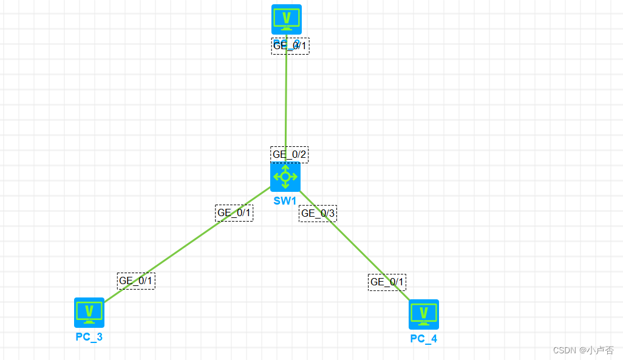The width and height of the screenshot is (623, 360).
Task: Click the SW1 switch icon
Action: [x=285, y=177]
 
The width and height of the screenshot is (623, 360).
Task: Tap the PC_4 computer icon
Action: [x=424, y=314]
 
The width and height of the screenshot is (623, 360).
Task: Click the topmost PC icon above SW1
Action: [x=287, y=19]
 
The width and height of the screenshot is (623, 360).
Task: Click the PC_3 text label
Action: [x=89, y=336]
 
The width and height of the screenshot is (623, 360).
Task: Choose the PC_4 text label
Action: [x=424, y=338]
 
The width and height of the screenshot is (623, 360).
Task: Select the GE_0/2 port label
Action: [x=290, y=155]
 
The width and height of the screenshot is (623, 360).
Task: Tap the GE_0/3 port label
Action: [x=318, y=213]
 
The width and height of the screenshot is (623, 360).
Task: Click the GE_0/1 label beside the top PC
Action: [x=290, y=46]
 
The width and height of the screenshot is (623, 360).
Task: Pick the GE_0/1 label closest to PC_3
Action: [x=136, y=280]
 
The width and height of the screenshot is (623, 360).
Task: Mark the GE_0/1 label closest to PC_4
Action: [x=387, y=282]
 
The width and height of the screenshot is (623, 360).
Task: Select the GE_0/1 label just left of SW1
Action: [x=234, y=212]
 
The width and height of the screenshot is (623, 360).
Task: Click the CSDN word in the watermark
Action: [x=564, y=350]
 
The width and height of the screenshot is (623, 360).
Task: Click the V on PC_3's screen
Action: [x=89, y=310]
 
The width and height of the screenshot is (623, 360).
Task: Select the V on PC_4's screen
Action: [x=424, y=312]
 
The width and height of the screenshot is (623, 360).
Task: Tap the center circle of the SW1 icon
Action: [x=285, y=177]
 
